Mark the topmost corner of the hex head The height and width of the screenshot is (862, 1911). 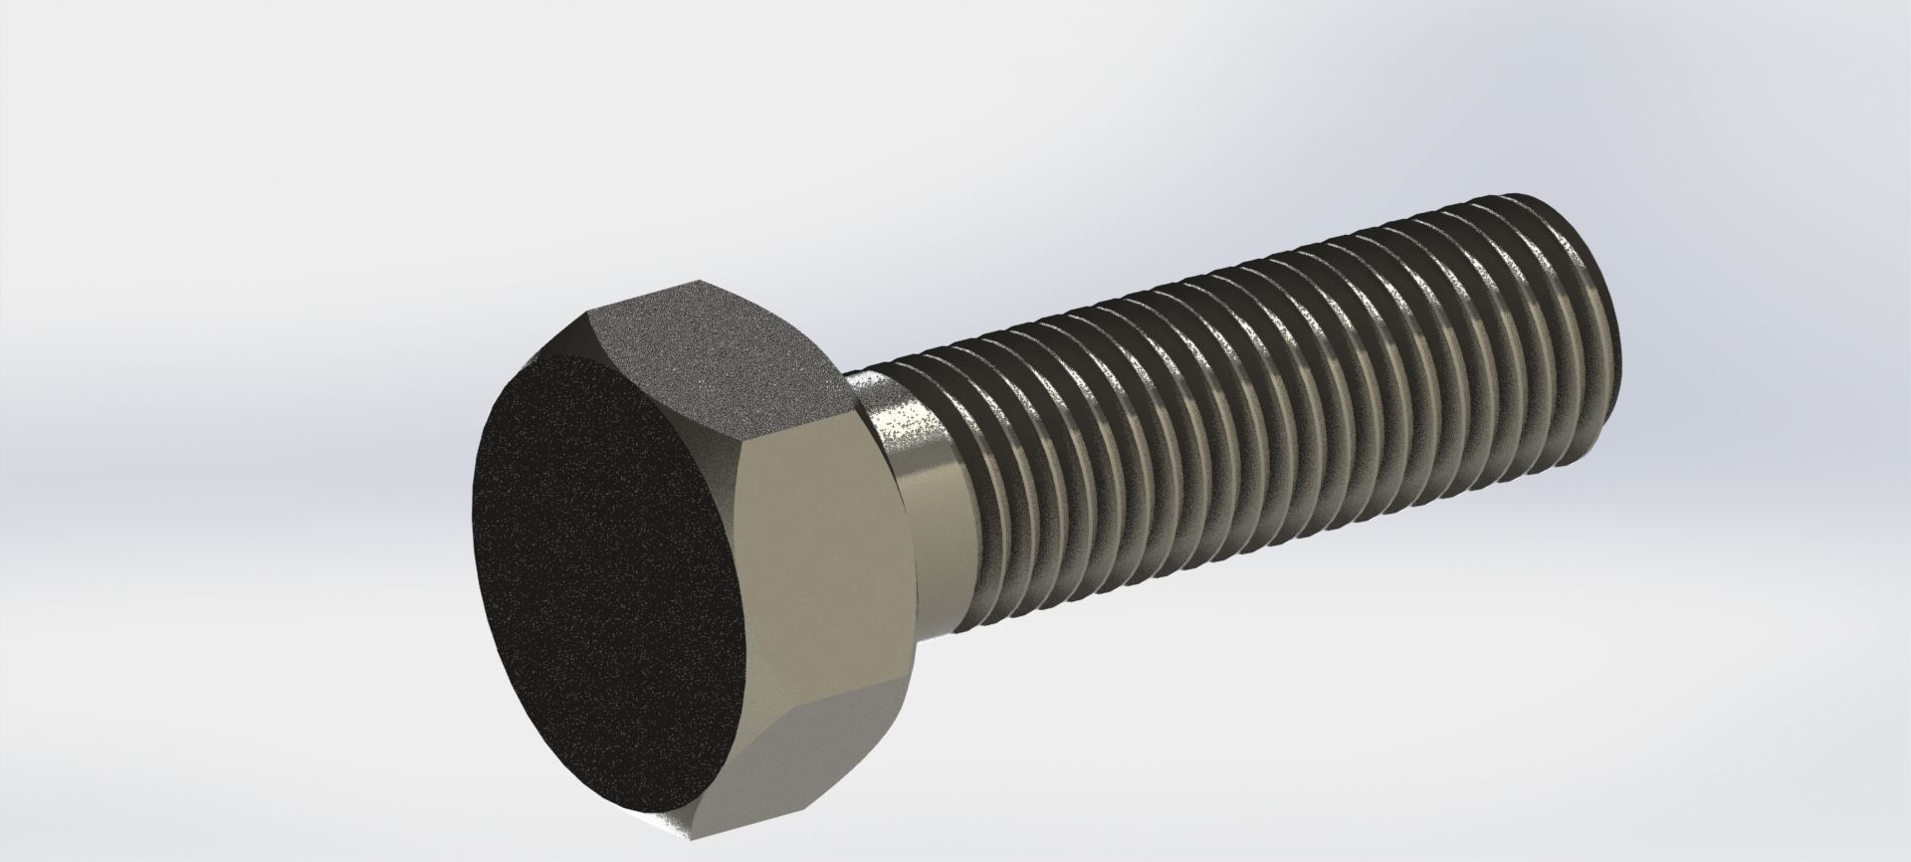click(697, 282)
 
